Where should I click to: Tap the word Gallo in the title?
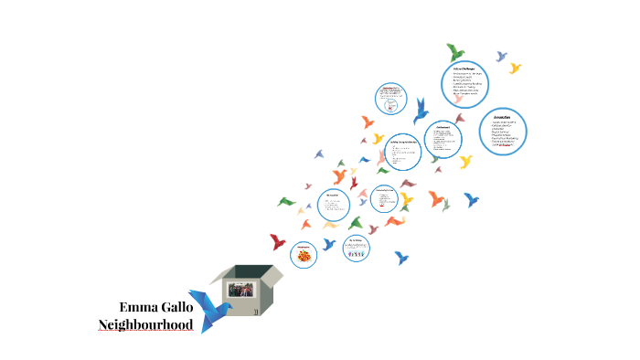[x=176, y=306]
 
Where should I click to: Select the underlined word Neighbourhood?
[x=145, y=324]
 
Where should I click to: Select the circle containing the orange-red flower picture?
[x=304, y=255]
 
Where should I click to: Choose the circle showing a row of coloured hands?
[x=357, y=247]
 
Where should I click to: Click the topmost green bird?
[x=455, y=51]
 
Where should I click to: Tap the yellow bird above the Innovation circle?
[x=515, y=68]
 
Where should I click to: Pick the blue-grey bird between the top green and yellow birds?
[x=501, y=56]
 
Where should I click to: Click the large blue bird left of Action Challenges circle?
[x=421, y=109]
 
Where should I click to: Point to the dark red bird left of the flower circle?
[x=278, y=241]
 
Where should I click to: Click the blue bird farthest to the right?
[x=471, y=198]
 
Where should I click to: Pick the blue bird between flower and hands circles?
[x=329, y=244]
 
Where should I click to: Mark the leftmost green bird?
[x=287, y=201]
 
